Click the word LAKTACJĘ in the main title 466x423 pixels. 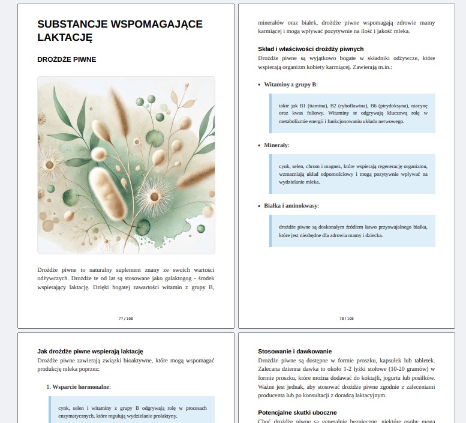[x=64, y=37]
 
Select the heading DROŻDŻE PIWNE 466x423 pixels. [x=67, y=59]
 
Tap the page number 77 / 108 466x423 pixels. [x=126, y=319]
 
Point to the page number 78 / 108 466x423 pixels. [x=347, y=319]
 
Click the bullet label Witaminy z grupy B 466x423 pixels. [x=290, y=85]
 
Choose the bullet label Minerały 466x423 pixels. [x=276, y=145]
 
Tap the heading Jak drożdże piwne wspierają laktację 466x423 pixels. [x=90, y=351]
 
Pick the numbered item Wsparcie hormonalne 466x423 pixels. [x=81, y=387]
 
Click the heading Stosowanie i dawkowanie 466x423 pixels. [x=294, y=351]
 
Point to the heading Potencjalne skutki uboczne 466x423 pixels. [x=297, y=413]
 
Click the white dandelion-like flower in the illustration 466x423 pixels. [x=154, y=196]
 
